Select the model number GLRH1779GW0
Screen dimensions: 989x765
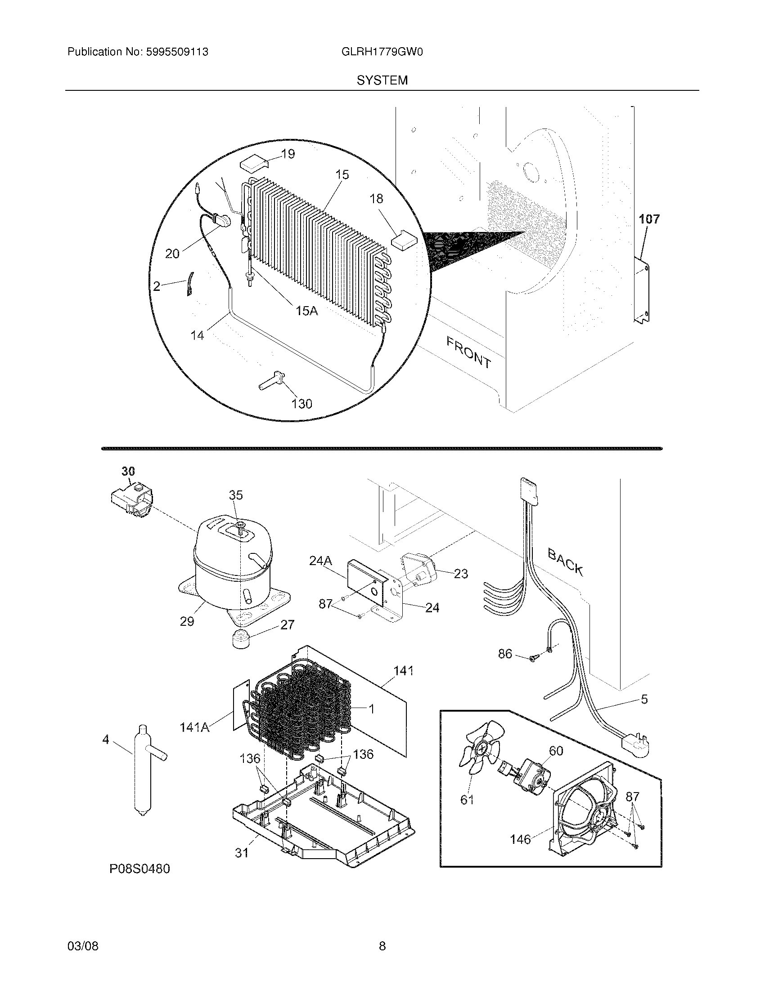[x=382, y=52]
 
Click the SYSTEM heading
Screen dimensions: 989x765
[x=382, y=80]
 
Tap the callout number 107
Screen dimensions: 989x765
[x=649, y=219]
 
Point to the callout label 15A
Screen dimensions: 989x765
[x=306, y=311]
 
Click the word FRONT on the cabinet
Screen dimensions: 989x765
[x=468, y=352]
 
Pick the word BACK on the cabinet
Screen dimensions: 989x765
[x=565, y=561]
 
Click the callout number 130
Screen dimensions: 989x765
[x=302, y=404]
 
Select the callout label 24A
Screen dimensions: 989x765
[x=320, y=561]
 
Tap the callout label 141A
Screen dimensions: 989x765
[x=194, y=728]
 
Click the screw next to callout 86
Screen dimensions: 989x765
[x=533, y=659]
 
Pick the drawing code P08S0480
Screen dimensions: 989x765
[x=139, y=869]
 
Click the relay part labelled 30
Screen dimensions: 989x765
[x=131, y=499]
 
